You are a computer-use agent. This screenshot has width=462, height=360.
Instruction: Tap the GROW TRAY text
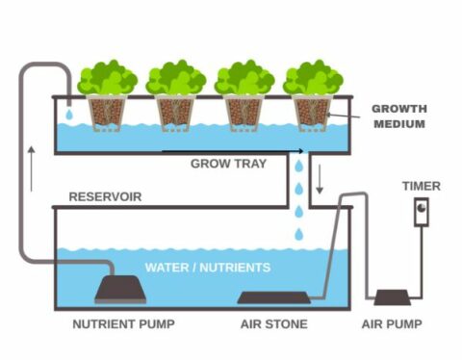pos(223,164)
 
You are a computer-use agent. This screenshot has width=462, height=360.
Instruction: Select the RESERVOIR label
pos(105,196)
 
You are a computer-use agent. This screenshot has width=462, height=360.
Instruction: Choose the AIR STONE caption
pos(273,324)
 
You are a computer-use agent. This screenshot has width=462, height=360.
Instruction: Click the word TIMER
pos(422,186)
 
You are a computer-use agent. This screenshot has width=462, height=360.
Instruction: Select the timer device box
pos(422,212)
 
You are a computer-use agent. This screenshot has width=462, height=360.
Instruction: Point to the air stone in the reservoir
pos(273,297)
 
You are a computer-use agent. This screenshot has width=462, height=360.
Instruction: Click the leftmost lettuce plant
pos(107,78)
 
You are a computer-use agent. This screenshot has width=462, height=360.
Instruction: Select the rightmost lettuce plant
pos(314,78)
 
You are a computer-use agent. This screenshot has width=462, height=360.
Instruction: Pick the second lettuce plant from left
pos(176,78)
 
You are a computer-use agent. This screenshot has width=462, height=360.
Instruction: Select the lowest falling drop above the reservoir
pos(298,234)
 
